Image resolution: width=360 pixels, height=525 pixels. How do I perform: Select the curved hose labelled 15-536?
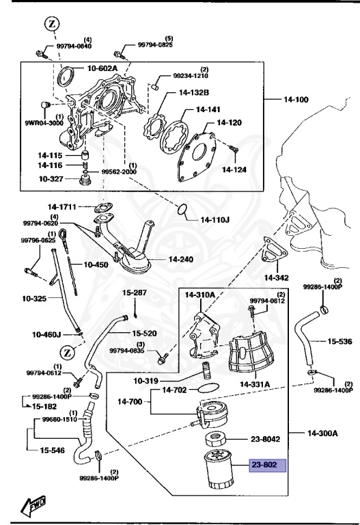pyautogui.click(x=305, y=338)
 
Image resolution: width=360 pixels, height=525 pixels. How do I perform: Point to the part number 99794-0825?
pyautogui.click(x=156, y=45)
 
